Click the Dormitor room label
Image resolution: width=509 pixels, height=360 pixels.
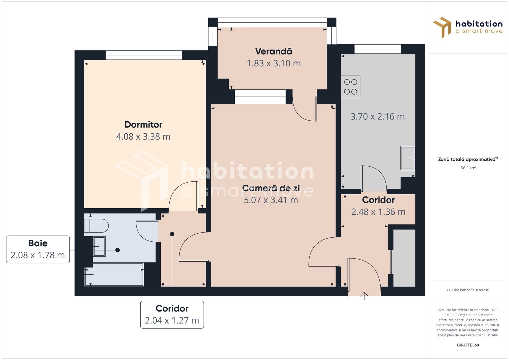click(143, 125)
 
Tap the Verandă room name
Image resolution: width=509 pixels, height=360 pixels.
click(274, 51)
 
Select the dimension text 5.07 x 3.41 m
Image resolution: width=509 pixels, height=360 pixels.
click(271, 200)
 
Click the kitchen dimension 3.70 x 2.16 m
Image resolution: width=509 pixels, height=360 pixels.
click(377, 117)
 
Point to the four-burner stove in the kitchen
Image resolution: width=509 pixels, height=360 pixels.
click(350, 87)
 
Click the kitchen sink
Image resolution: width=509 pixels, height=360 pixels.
click(408, 158)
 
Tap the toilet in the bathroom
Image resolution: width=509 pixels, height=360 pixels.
click(97, 226)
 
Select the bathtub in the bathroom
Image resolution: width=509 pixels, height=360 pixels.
click(114, 274)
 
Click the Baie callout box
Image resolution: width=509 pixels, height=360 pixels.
click(38, 249)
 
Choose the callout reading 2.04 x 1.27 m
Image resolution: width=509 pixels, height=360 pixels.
click(172, 320)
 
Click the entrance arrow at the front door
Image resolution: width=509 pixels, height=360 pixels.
click(364, 295)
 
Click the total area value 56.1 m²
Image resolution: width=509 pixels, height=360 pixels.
click(468, 168)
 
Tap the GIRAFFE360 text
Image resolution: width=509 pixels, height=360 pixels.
click(468, 345)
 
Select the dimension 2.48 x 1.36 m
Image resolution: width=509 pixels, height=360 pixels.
click(378, 212)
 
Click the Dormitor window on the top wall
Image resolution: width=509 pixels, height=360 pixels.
click(144, 55)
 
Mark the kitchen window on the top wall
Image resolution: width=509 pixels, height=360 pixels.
click(378, 49)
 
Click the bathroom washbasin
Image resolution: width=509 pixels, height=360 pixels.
click(99, 246)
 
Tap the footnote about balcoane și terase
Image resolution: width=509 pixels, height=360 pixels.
click(468, 290)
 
